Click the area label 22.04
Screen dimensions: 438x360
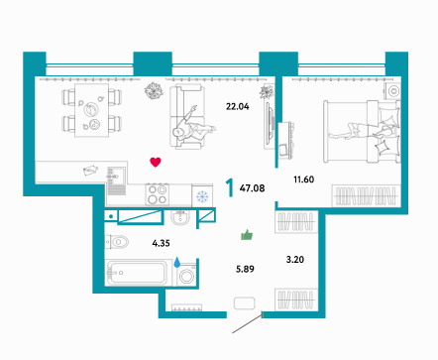pyautogui.click(x=237, y=106)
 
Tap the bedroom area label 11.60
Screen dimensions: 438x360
pyautogui.click(x=304, y=180)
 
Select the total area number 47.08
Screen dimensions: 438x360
pyautogui.click(x=252, y=188)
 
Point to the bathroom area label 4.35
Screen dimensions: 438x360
pyautogui.click(x=161, y=243)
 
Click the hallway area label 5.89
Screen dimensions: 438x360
pyautogui.click(x=245, y=269)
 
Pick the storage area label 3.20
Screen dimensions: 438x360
pyautogui.click(x=295, y=260)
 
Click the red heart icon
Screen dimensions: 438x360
pyautogui.click(x=156, y=162)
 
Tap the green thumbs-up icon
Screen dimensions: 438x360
pyautogui.click(x=247, y=235)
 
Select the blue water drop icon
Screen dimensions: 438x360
pyautogui.click(x=177, y=262)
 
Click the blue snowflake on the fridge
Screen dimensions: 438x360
pyautogui.click(x=202, y=196)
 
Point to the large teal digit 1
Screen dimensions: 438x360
pyautogui.click(x=230, y=187)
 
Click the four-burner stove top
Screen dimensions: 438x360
pyautogui.click(x=158, y=194)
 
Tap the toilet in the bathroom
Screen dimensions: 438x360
pyautogui.click(x=117, y=242)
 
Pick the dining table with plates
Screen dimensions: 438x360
pyautogui.click(x=91, y=110)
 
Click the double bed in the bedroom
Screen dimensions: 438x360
pyautogui.click(x=362, y=132)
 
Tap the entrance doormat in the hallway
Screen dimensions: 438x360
pyautogui.click(x=245, y=303)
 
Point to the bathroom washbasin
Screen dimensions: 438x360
pyautogui.click(x=180, y=218)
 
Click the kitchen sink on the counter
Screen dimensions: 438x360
pyautogui.click(x=116, y=180)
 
